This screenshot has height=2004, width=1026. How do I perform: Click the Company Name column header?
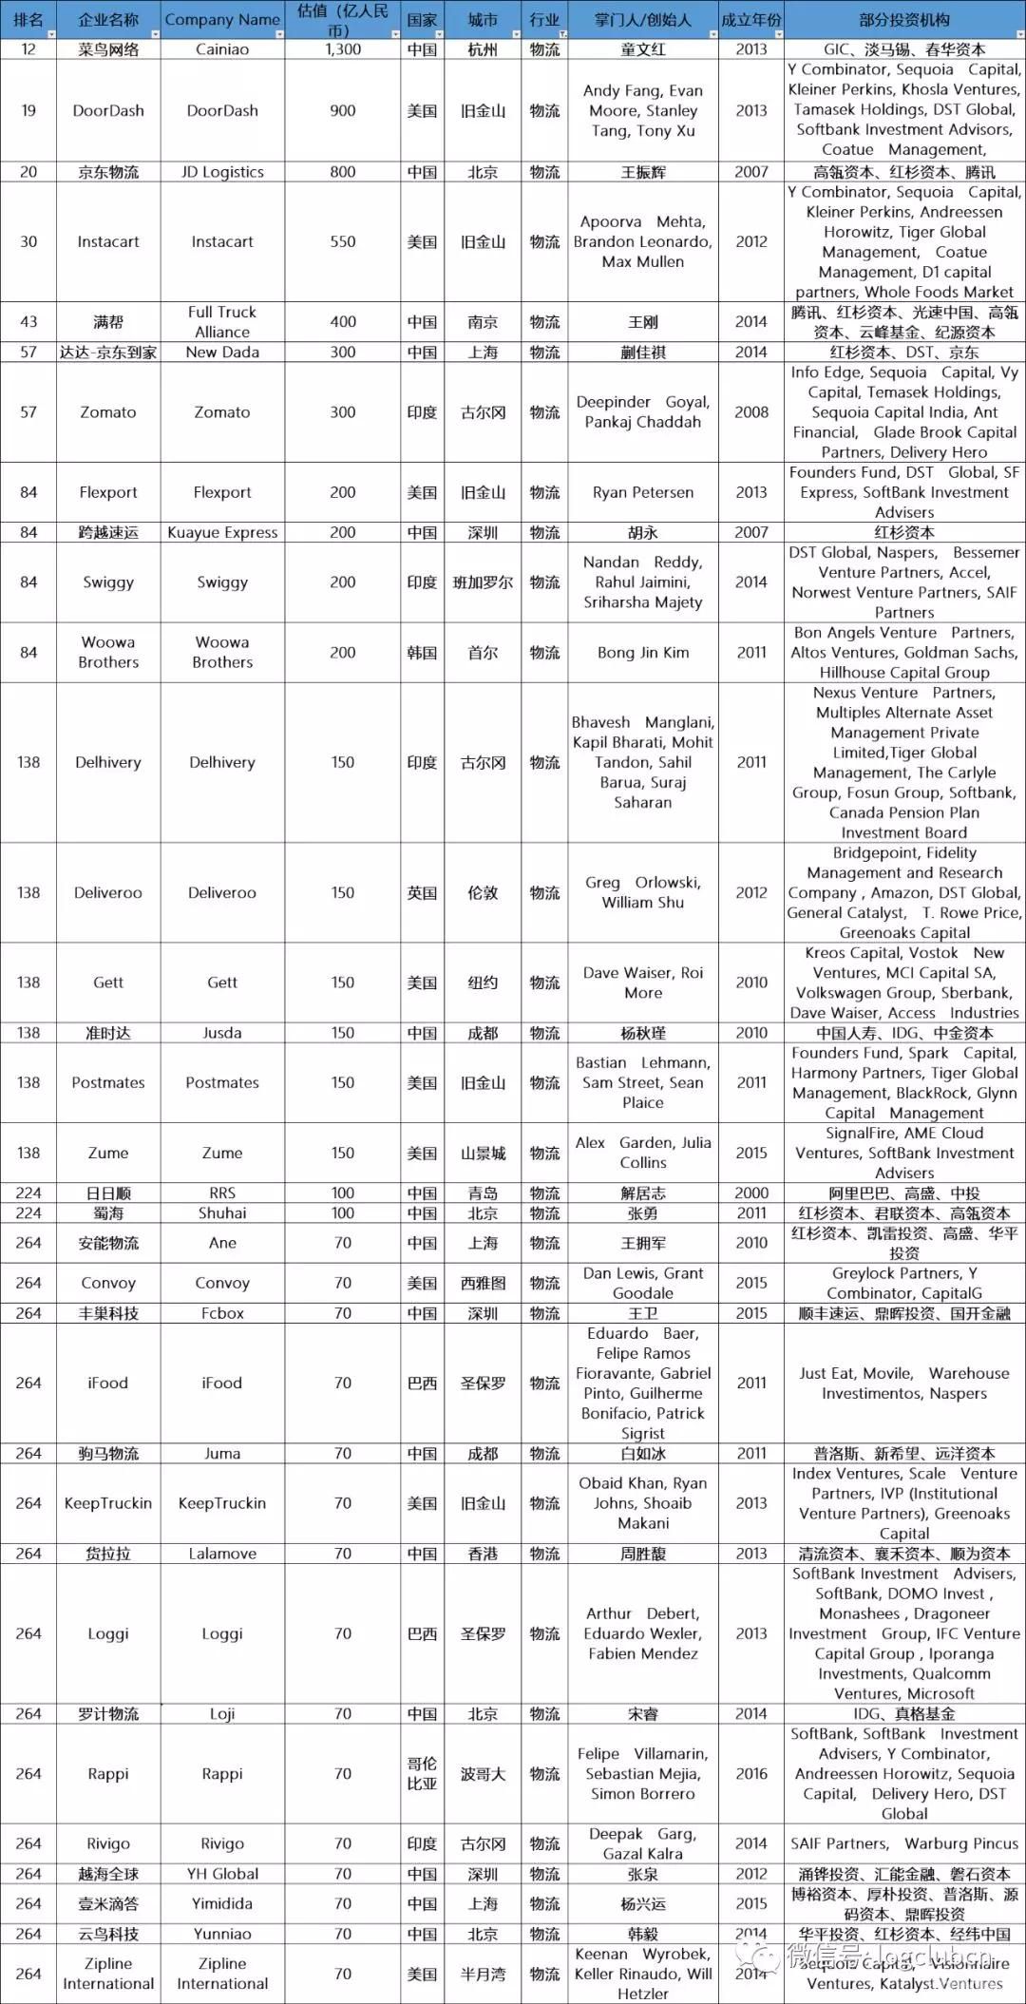click(x=222, y=20)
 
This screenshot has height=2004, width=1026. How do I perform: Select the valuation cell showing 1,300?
click(x=343, y=49)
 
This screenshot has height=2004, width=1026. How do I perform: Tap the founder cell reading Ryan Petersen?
click(x=643, y=492)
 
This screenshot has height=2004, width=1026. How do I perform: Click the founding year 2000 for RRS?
click(x=751, y=1193)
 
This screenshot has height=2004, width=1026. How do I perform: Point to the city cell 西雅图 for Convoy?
click(x=483, y=1283)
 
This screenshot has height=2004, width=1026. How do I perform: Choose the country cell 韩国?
click(x=422, y=653)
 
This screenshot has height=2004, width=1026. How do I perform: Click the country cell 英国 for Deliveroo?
click(x=422, y=892)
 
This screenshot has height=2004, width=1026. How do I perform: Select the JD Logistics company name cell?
click(x=222, y=172)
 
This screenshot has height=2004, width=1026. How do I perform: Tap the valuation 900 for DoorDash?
click(x=343, y=110)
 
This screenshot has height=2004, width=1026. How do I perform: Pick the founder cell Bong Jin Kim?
click(x=643, y=653)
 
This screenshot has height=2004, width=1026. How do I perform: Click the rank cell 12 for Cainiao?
click(x=28, y=49)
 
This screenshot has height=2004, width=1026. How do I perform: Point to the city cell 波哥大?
click(x=483, y=1774)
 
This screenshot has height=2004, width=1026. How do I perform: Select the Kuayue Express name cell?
click(x=222, y=532)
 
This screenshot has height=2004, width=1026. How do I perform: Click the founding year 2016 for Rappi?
click(x=751, y=1774)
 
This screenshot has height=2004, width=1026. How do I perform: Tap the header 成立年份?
click(x=751, y=20)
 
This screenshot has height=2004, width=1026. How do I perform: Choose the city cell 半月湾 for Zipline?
click(x=483, y=1974)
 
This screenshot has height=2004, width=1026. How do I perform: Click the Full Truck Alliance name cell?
click(x=222, y=322)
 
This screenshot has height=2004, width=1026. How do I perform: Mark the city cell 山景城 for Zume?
click(x=483, y=1153)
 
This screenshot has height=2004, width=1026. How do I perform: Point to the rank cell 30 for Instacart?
click(x=28, y=241)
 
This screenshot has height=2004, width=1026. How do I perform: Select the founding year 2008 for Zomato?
click(x=751, y=412)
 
